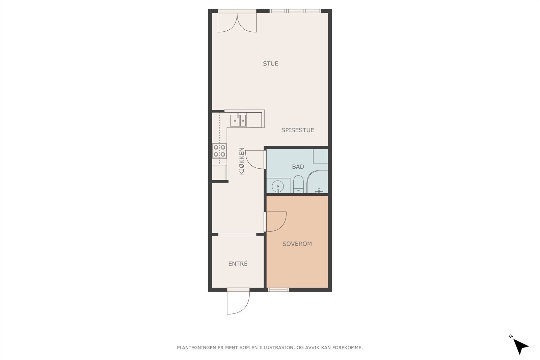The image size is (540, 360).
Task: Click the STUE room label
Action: coord(270,64)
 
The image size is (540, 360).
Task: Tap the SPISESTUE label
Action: coord(298,130)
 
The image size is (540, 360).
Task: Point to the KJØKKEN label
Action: coord(242,161)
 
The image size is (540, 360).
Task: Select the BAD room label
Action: coord(298,167)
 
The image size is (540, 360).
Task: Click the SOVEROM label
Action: coord(297,244)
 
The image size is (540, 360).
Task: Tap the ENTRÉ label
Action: coord(238,264)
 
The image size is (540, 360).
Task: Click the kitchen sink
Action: coord(238,120)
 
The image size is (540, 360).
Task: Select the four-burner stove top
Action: coord(219,150)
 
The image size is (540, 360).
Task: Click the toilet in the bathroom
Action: coord(298,184)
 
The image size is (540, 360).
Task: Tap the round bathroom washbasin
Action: coord(278,186)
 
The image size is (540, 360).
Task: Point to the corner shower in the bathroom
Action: coord(317,182)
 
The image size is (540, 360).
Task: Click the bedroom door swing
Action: coord(275,222)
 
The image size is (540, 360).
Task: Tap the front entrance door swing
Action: coord(238,301)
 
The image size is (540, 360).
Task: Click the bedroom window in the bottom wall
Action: coord(278,289)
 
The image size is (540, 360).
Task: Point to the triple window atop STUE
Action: coord(295,11)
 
